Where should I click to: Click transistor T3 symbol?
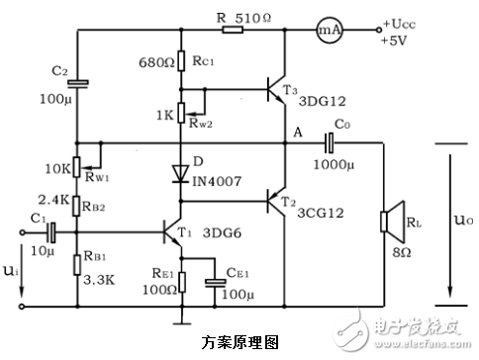[278, 92]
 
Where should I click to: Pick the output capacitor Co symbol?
[331, 142]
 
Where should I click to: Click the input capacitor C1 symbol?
[50, 235]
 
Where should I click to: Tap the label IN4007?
[220, 181]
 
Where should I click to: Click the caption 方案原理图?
[239, 341]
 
